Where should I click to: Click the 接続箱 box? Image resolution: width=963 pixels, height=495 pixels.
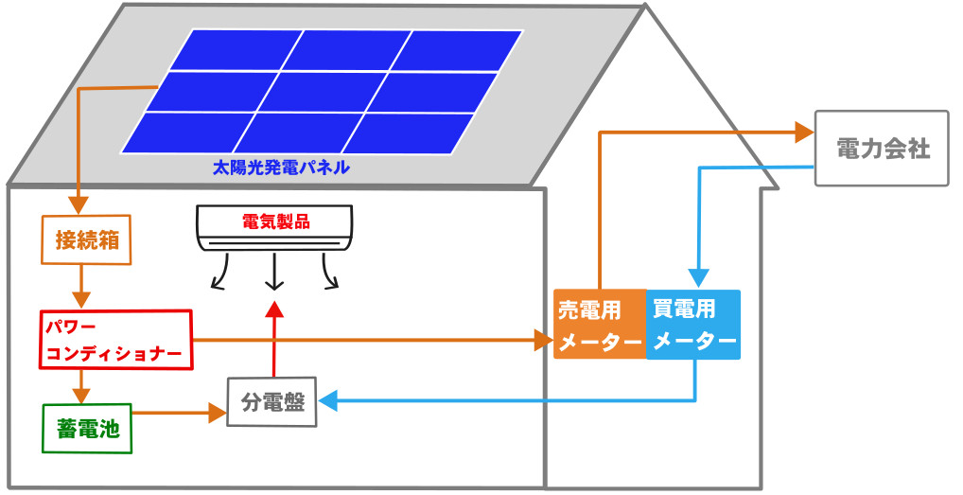pos(86,239)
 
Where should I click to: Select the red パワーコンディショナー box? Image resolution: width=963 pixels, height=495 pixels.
pos(116,340)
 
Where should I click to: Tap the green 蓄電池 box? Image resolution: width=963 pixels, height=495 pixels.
pos(86,429)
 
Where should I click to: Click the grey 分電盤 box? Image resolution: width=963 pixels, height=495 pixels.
pos(271,401)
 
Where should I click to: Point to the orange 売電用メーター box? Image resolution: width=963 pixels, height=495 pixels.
pos(600,324)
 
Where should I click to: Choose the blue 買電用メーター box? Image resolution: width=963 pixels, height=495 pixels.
pos(693,324)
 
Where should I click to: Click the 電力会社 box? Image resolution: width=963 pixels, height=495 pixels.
pos(881,149)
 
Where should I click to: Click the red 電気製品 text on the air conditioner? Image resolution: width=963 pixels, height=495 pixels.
pos(275,223)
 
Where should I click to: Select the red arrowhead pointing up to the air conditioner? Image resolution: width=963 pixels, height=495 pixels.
pos(274,309)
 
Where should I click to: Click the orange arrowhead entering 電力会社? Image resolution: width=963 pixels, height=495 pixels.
pos(804,132)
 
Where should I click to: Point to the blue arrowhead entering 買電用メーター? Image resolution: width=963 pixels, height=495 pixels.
pos(697,279)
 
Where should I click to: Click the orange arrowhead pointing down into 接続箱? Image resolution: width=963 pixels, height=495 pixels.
pos(79,205)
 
